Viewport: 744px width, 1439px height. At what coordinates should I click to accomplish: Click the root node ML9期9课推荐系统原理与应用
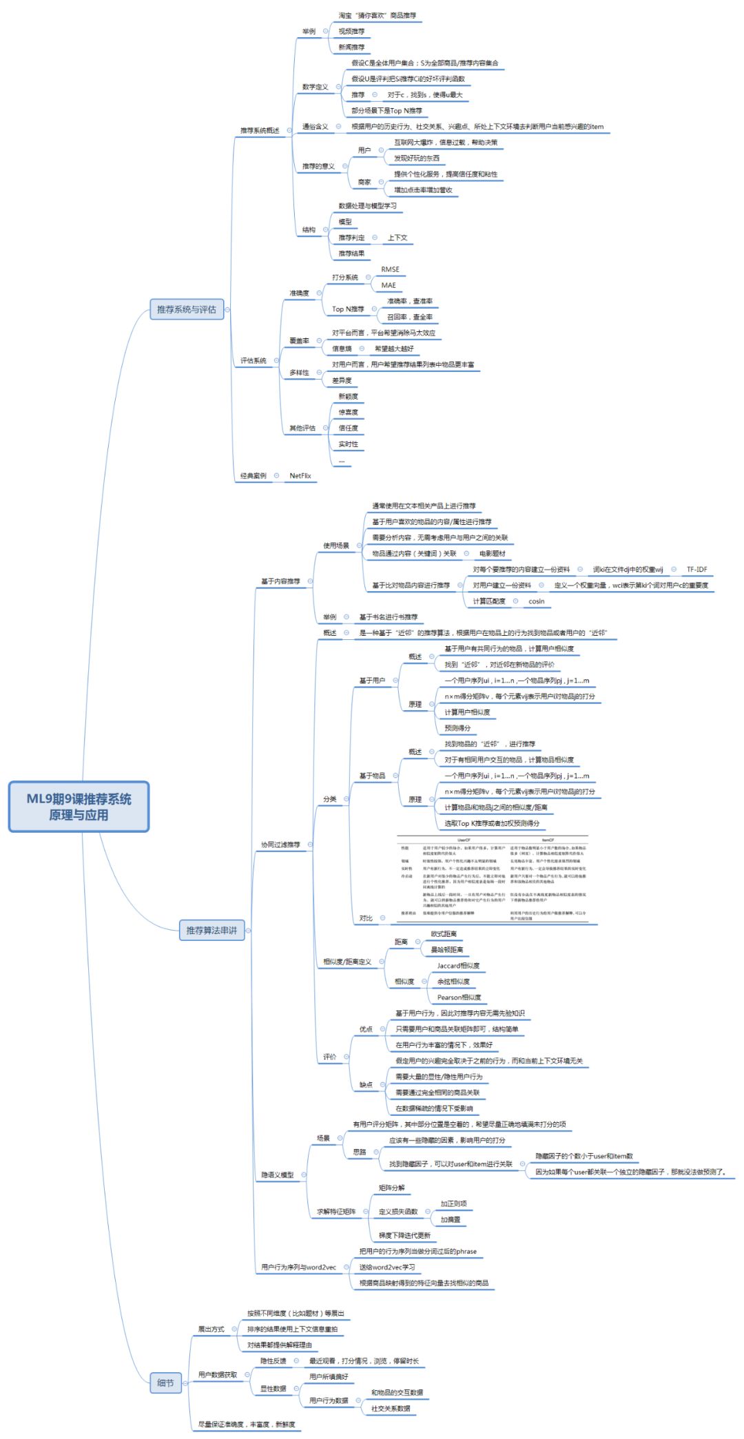79,807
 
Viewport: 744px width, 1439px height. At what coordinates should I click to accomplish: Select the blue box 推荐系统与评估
186,309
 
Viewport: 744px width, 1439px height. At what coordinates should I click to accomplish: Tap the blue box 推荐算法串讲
211,930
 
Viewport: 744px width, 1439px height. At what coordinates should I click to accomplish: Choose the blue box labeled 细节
165,1382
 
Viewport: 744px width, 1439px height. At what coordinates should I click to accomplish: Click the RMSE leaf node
390,269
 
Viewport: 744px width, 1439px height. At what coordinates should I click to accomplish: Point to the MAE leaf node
389,285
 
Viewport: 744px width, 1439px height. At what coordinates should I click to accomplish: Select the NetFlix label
300,475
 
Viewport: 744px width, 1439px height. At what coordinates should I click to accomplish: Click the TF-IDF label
696,569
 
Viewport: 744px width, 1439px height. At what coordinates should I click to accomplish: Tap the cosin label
537,601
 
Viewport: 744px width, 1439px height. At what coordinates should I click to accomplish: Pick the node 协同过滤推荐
280,844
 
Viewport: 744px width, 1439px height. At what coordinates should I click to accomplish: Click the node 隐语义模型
277,1174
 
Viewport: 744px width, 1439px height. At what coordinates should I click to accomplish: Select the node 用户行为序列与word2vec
298,1267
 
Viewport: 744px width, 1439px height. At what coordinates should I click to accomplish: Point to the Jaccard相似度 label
458,965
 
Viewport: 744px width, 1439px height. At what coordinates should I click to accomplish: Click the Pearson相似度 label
459,997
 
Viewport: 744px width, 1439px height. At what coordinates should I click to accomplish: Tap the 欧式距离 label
444,933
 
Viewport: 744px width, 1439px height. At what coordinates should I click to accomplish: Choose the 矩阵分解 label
392,1188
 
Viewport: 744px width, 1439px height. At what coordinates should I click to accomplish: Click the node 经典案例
253,475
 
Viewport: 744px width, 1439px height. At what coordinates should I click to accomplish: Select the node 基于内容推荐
280,581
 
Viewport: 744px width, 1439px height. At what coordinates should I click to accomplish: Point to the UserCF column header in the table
464,840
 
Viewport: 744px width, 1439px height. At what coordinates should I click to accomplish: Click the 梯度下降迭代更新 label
404,1235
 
